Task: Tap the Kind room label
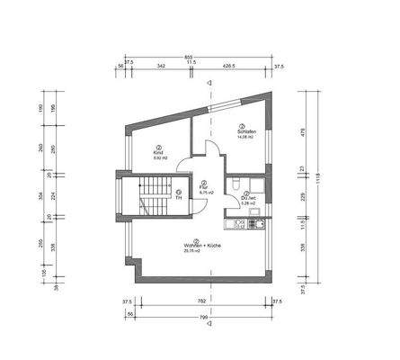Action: (158, 153)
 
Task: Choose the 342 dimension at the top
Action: (158, 67)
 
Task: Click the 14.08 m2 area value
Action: (245, 137)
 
